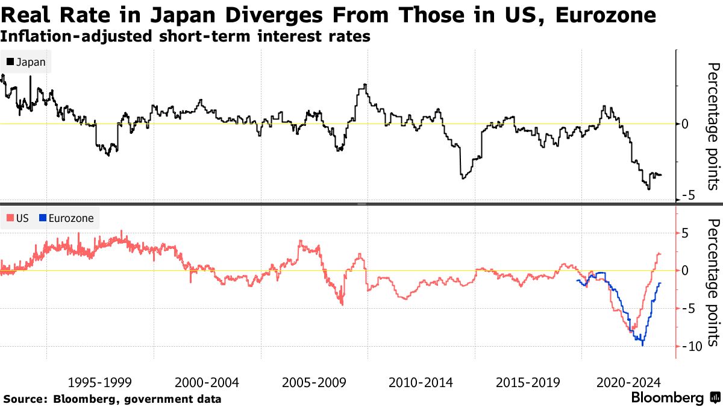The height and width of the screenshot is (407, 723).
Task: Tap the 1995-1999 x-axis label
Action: point(100,382)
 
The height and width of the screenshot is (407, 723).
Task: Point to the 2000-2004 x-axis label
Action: point(207,382)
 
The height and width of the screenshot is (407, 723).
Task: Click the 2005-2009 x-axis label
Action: point(315,382)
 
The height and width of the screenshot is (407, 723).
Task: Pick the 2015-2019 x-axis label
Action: point(528,382)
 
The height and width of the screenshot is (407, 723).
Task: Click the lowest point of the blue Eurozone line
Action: point(642,345)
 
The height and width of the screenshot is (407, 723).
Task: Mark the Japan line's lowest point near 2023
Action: point(649,189)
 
